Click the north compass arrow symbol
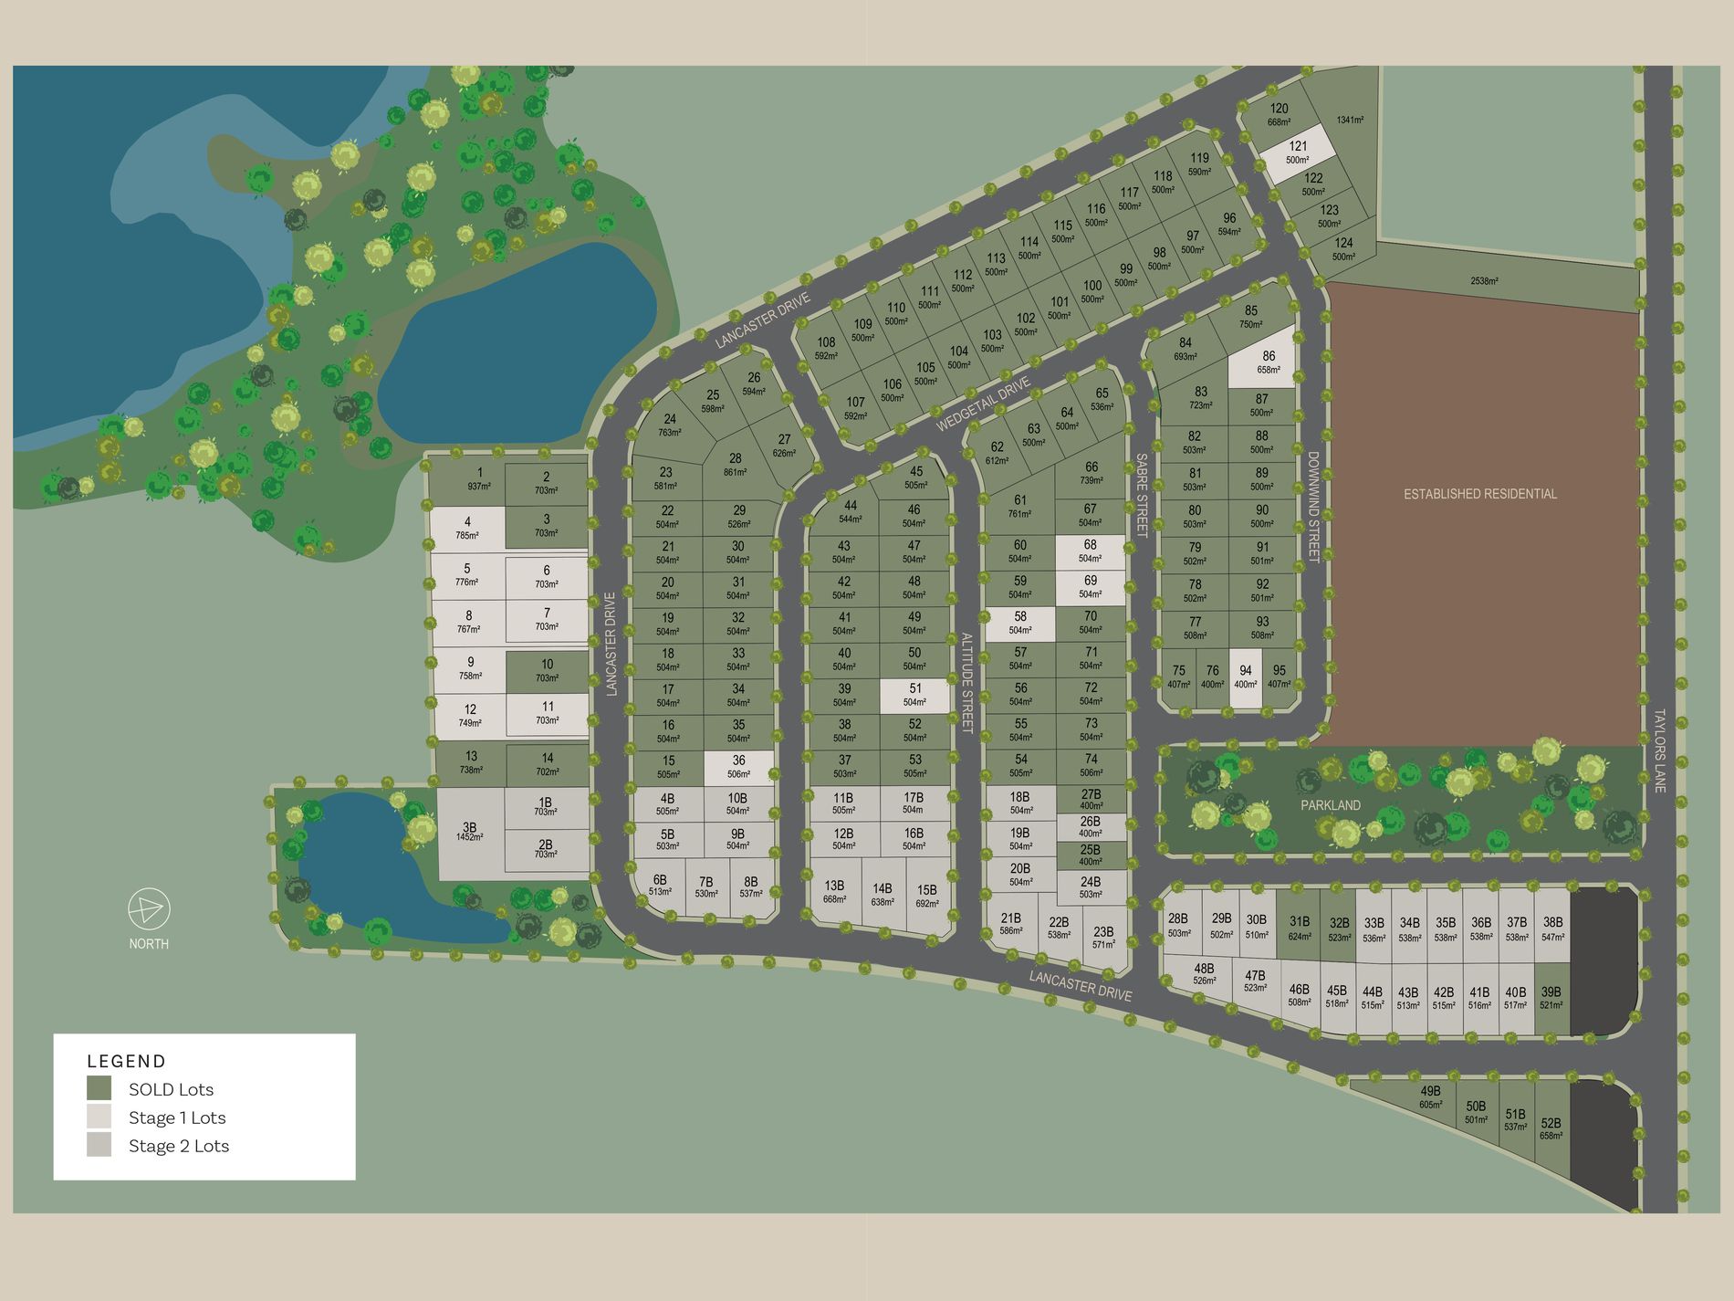click(x=148, y=909)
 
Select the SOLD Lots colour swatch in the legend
click(x=99, y=1088)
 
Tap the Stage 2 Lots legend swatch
click(x=99, y=1145)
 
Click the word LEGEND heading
click(x=126, y=1061)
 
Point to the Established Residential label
click(x=1479, y=494)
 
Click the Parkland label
click(x=1331, y=805)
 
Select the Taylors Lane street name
click(x=1659, y=750)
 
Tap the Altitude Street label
click(x=966, y=682)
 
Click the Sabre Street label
click(x=1141, y=495)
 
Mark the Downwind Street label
click(x=1313, y=507)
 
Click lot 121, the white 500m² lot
click(x=1298, y=152)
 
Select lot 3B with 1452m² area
click(x=469, y=832)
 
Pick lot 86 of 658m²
click(x=1268, y=362)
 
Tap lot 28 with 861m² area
click(x=735, y=464)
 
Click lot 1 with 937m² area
click(x=479, y=479)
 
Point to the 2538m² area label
click(x=1484, y=281)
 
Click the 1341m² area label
click(x=1350, y=120)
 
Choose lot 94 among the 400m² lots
click(x=1245, y=677)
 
